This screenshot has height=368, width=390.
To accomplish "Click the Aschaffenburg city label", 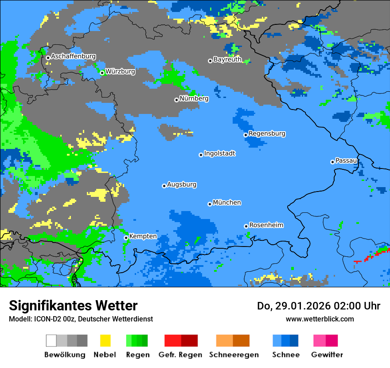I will (73, 56).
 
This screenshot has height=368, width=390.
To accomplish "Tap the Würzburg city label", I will (120, 71).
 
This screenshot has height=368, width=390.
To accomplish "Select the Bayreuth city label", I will (227, 59).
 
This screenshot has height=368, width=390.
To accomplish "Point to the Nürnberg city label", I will (194, 98).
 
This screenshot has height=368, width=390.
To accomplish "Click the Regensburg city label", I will (267, 133).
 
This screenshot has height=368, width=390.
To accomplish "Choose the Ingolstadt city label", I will (219, 153).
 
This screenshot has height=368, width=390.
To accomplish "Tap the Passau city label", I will (346, 161).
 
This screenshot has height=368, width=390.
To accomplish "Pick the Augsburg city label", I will (182, 184).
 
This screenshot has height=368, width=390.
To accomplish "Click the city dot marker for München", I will (210, 204).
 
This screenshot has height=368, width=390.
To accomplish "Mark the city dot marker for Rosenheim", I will (246, 226).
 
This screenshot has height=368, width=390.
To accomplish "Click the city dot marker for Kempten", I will (126, 238).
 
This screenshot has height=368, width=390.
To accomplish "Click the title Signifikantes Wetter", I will (73, 306).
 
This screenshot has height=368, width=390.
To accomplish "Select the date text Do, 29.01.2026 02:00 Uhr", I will (319, 306).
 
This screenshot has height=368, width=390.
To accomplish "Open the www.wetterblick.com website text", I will (320, 319).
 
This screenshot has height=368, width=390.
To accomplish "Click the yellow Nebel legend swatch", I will (105, 341).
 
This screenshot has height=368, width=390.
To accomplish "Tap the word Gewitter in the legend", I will (327, 355).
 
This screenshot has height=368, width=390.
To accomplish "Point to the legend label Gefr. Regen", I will (180, 355).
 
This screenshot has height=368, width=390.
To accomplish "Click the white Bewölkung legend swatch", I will (51, 341).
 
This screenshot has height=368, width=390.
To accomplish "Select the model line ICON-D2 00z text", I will (81, 319).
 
